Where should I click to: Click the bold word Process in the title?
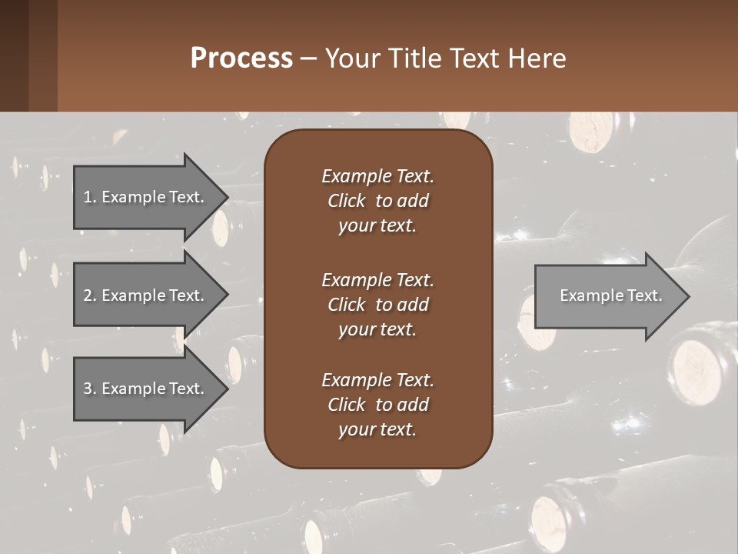241,58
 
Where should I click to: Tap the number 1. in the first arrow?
89,197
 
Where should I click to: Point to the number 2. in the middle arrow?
89,295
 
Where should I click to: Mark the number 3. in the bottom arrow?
89,389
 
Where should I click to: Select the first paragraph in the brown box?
377,201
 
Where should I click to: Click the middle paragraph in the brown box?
377,304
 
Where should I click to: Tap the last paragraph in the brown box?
377,405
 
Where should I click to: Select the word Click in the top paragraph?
346,201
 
